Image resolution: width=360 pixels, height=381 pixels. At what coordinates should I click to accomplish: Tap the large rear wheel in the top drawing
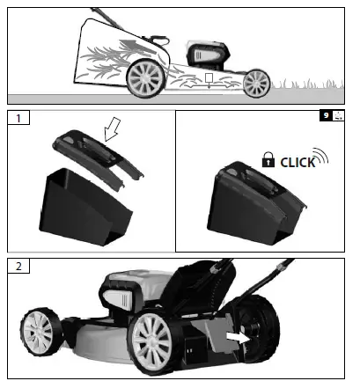143,78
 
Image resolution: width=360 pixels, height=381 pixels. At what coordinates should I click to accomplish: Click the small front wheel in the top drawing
255,83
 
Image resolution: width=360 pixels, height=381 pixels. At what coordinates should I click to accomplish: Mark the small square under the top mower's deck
209,80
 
